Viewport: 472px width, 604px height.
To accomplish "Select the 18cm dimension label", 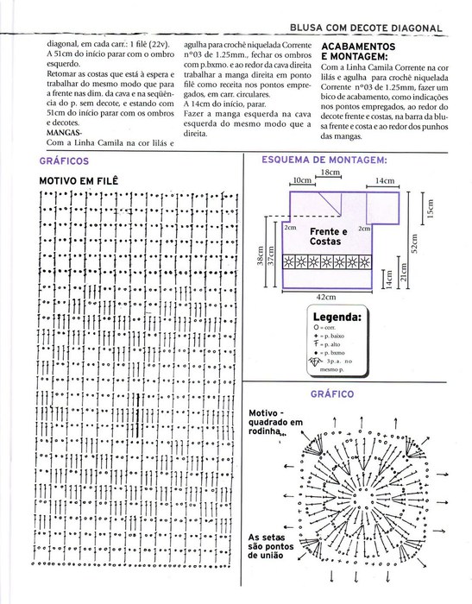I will click(x=330, y=173).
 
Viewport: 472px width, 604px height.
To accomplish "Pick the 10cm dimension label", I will click(x=301, y=180).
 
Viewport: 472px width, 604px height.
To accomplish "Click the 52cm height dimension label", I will click(x=414, y=248).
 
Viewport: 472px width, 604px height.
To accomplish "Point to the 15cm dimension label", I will click(x=429, y=210).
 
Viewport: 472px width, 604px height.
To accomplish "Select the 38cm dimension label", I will click(x=260, y=259).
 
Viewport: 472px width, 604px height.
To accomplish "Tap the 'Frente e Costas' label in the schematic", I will click(x=328, y=236).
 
